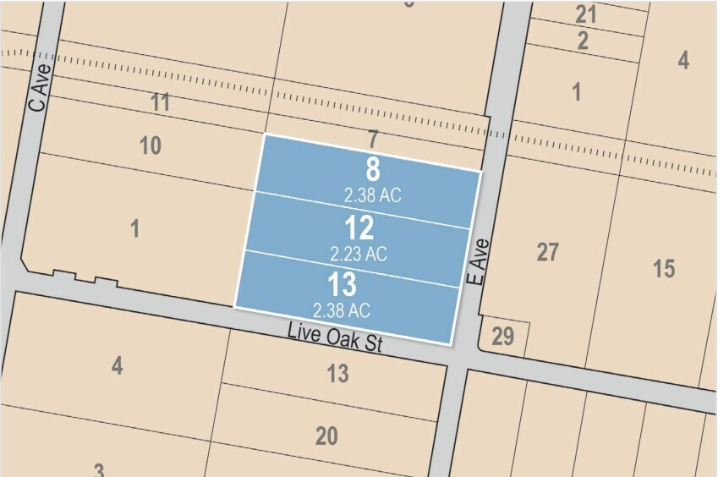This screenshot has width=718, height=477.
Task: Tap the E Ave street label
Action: coord(480,260)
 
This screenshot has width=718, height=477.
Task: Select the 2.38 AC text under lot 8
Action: coord(372,195)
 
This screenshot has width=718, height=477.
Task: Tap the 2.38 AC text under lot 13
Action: coord(342,310)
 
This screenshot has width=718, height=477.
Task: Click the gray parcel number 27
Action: coord(548,252)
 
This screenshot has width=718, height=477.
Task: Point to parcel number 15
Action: coord(664,269)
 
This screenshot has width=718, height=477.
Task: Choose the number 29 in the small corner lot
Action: coord(502,337)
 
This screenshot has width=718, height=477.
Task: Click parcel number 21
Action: coord(586,14)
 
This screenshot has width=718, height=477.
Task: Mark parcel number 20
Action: coord(326,436)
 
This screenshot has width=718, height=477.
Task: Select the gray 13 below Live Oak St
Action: coord(337,373)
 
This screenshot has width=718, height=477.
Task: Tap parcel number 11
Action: coord(161,103)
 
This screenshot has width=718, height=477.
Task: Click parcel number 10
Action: coord(150,145)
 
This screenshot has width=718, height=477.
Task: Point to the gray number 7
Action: coord(372,137)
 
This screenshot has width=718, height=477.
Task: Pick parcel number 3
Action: coord(99,469)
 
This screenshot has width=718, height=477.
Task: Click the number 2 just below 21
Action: coord(584,41)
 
